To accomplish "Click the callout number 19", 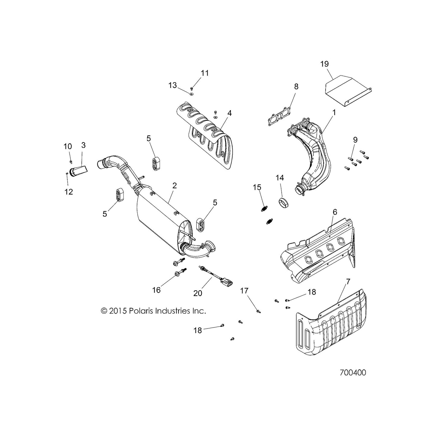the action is [324, 64].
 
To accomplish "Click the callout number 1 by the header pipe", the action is [334, 112].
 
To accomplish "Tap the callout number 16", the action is [156, 290].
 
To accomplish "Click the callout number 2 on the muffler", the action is [174, 186].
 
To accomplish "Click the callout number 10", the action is [67, 146].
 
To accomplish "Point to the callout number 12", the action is [68, 192].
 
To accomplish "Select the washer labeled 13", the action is [192, 94].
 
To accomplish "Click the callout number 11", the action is [205, 73].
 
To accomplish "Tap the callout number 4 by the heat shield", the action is [229, 113].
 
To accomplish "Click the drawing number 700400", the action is [353, 373].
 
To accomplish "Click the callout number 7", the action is [348, 282].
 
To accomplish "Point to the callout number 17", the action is [244, 291].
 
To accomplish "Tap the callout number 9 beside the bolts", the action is [355, 140].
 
